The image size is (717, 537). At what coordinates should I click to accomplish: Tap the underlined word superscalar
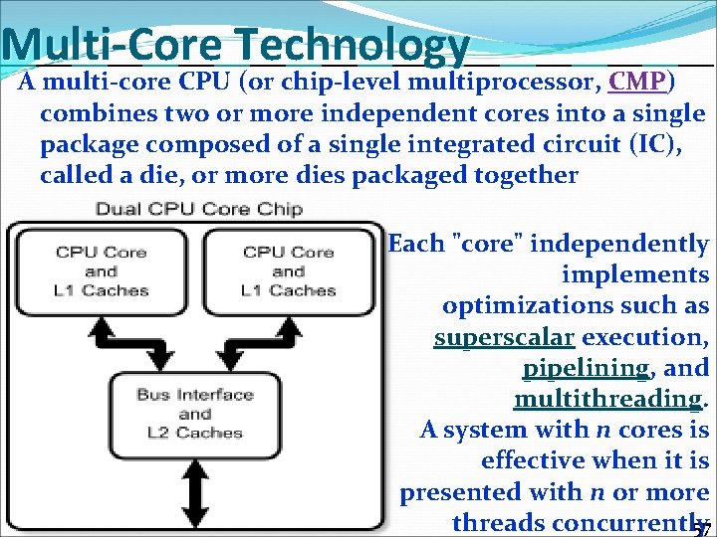[x=504, y=337]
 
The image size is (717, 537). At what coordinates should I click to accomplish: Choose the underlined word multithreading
[x=607, y=399]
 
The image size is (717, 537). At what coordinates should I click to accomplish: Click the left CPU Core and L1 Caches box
[x=101, y=270]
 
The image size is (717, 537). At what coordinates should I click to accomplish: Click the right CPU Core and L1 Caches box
[x=288, y=270]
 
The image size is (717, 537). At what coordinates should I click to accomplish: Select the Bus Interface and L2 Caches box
[x=194, y=413]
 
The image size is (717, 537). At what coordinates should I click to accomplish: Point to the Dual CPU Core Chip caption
[x=198, y=209]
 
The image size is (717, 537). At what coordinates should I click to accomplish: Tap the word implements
[x=634, y=274]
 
